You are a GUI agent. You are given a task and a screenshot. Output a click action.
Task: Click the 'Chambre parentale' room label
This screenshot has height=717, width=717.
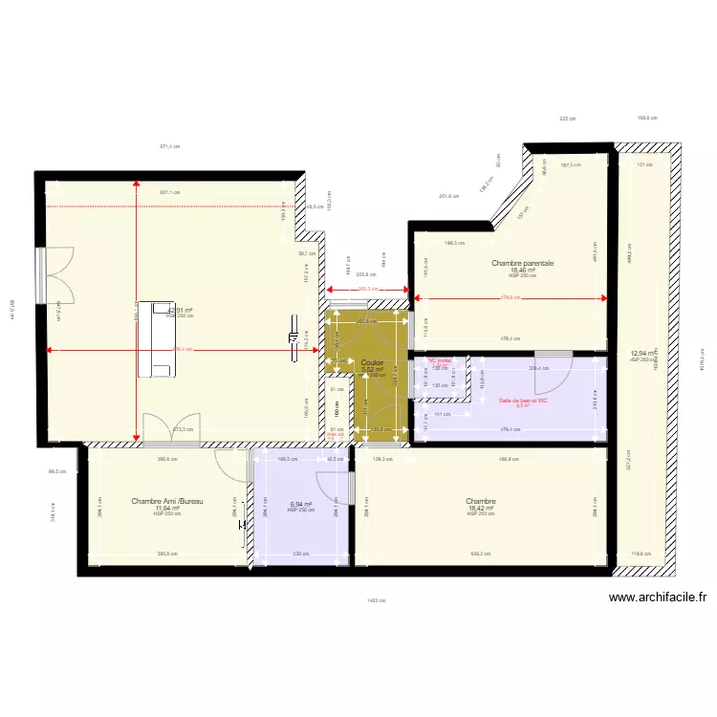point(523,263)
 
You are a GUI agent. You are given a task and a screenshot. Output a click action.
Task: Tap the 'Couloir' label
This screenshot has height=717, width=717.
point(373,362)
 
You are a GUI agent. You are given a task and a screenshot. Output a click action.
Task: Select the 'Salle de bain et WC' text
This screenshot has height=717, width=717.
point(523,401)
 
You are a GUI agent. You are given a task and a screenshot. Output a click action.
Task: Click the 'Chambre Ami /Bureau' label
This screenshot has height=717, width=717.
point(167,500)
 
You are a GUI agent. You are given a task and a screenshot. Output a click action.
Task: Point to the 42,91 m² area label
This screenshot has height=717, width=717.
point(181,310)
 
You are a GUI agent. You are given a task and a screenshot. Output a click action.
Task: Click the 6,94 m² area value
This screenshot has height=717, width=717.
point(301,504)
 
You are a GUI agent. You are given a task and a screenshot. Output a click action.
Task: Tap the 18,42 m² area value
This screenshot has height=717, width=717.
point(479,509)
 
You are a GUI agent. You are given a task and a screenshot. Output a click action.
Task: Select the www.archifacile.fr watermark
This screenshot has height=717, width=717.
point(657,598)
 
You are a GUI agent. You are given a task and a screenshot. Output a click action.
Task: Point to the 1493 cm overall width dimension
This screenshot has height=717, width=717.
point(375,600)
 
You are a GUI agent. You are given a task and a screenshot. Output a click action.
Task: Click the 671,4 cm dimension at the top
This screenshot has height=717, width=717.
point(170,146)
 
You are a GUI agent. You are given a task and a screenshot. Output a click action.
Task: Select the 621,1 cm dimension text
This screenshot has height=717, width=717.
point(170,192)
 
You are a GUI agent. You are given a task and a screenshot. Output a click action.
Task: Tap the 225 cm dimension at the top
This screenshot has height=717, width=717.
point(568,119)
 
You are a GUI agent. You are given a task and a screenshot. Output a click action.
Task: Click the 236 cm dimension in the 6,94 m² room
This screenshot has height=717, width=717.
point(301,554)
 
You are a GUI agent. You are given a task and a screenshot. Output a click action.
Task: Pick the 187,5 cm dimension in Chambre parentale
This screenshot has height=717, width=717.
point(570,164)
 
